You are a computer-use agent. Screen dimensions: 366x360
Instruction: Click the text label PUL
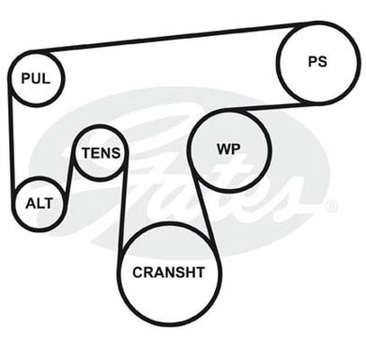[x=36, y=78]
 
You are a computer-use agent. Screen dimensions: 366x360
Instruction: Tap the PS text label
[x=317, y=61]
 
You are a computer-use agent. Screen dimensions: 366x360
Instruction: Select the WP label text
[x=228, y=148]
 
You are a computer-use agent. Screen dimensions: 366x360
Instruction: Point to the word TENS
[x=101, y=153]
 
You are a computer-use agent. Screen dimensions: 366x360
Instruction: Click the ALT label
[x=40, y=203]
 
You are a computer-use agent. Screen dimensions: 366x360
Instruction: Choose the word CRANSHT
[x=168, y=273]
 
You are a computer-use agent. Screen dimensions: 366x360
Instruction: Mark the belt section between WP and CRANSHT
[x=205, y=213]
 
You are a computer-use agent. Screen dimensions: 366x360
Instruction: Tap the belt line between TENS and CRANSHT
[x=123, y=207]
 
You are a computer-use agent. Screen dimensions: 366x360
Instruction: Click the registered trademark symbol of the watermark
[x=331, y=206]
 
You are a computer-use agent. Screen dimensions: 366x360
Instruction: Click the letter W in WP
[x=224, y=148]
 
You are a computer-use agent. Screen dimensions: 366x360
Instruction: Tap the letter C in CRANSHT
[x=138, y=273]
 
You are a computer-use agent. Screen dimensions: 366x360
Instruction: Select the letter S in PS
[x=323, y=61]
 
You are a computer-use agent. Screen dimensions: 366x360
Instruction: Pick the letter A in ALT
[x=31, y=203]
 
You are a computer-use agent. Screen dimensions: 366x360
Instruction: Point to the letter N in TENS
[x=106, y=153]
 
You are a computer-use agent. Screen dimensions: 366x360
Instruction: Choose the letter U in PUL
[x=36, y=78]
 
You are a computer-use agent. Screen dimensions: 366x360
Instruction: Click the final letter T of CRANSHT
[x=201, y=273]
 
